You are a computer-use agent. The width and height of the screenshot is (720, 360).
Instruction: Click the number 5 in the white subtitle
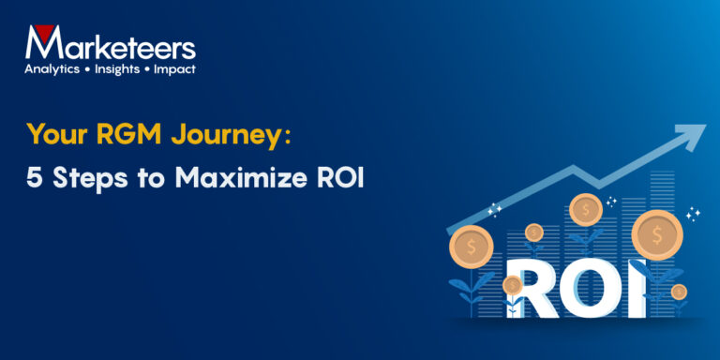pos(34,177)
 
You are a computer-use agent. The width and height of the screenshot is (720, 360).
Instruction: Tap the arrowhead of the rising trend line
pos(692,136)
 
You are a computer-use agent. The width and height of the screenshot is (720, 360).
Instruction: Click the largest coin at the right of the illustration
pos(656,234)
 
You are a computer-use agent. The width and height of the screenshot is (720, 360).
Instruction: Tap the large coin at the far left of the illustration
pos(471,247)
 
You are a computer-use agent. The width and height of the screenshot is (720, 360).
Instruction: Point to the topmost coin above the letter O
pos(585,209)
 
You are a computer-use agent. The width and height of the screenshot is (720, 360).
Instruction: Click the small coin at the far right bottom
pos(679,292)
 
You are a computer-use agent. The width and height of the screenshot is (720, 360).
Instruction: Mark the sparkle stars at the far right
pos(693,215)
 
